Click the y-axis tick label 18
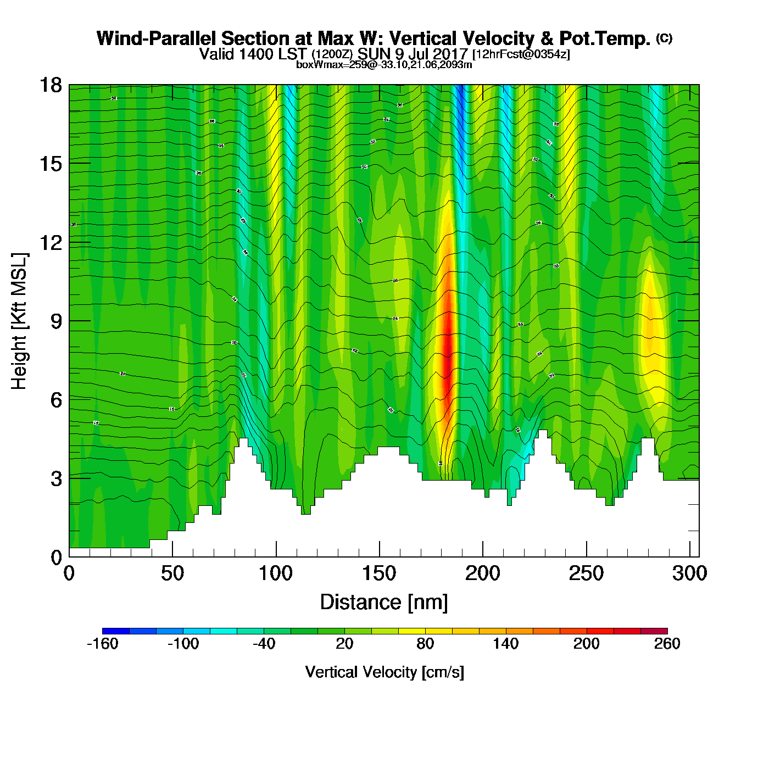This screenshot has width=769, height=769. click(50, 85)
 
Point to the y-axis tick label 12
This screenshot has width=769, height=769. click(50, 242)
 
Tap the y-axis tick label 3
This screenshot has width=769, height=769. click(56, 478)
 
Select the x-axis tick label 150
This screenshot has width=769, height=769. click(379, 573)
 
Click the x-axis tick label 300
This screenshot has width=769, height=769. click(689, 573)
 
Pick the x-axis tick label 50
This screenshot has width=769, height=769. click(172, 573)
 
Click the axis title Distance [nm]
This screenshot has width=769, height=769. click(384, 603)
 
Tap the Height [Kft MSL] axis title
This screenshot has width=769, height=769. click(19, 321)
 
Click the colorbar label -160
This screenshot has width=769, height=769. click(103, 644)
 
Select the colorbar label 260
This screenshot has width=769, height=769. click(667, 644)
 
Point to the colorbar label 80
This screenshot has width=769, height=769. click(425, 644)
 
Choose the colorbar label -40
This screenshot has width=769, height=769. click(264, 644)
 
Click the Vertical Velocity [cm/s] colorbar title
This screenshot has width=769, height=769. click(384, 672)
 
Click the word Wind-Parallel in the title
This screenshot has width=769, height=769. click(158, 38)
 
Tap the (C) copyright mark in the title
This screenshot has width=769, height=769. click(664, 38)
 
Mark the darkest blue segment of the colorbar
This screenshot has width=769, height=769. click(116, 631)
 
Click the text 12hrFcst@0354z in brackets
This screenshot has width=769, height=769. click(521, 54)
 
